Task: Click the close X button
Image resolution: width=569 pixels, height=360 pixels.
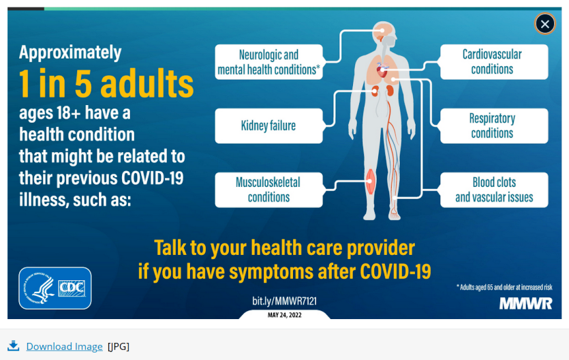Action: (x=544, y=24)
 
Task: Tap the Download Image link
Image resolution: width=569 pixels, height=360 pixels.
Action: (x=64, y=346)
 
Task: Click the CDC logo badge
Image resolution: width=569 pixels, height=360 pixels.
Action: (x=55, y=288)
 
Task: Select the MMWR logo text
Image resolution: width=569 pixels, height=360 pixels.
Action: (x=525, y=303)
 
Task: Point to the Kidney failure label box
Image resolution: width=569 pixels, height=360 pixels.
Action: (x=269, y=126)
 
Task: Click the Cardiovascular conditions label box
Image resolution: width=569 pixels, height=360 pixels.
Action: (x=494, y=61)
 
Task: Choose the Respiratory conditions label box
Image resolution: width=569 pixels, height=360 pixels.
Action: (x=494, y=126)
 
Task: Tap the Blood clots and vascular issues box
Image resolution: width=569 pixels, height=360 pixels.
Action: (x=494, y=190)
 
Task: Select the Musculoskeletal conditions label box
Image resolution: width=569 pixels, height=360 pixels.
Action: (x=269, y=190)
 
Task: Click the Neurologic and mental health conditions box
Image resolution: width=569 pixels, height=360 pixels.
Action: (x=269, y=61)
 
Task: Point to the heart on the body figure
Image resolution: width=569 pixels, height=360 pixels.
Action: (x=382, y=70)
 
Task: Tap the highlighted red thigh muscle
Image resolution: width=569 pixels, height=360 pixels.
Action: (x=370, y=181)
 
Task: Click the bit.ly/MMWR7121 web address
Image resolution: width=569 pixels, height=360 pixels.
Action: (x=285, y=301)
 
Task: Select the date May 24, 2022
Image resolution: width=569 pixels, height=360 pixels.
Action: (x=285, y=315)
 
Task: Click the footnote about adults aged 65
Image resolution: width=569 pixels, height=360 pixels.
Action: (x=504, y=288)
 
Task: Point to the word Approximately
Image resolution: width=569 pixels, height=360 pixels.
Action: (x=70, y=53)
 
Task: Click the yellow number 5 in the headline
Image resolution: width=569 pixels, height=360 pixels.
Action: (x=83, y=83)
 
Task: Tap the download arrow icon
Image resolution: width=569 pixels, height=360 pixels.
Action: (x=14, y=346)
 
